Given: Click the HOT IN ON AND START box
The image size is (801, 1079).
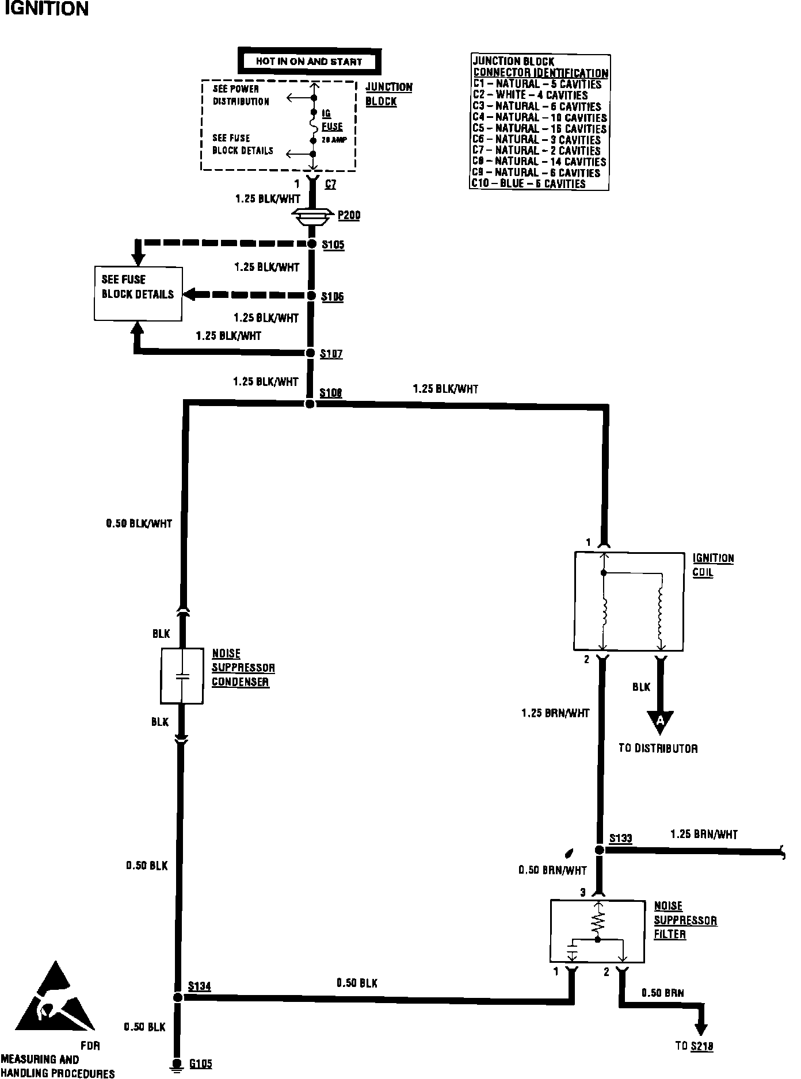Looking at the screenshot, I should coord(309,62).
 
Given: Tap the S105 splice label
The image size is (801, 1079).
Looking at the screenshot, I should coord(333,245).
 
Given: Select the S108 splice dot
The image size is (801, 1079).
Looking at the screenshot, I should coord(310,404).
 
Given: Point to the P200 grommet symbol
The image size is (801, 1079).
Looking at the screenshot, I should coord(312,216).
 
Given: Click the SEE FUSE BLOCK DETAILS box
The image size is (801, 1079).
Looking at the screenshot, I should coord(138,294).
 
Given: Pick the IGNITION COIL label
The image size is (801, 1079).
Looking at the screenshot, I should coord(713,565).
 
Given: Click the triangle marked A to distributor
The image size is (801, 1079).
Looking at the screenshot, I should coord(660,721).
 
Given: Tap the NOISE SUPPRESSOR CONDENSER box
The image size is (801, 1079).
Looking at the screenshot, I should coord(182,676).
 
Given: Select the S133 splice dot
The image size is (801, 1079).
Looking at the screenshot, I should coord(600,850).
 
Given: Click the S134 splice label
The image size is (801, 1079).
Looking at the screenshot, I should coord(200,986).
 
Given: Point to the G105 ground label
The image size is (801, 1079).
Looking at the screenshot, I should coord(201,1064).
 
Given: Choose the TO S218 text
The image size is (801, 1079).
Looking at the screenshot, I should coord(694,1046).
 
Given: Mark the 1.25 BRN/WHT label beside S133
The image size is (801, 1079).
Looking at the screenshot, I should coord(704,835).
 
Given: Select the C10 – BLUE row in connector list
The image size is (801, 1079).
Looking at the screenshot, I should coord(529,184).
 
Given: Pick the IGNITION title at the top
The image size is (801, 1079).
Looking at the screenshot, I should coord(46,9).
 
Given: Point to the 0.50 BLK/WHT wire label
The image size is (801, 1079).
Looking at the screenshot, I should coord(139,524).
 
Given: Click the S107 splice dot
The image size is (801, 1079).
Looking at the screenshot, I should coord(310,353).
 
